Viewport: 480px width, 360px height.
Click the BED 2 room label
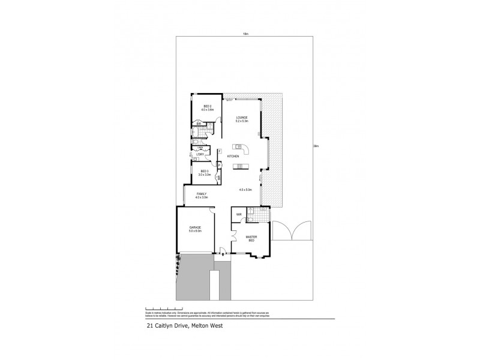coord(208,108)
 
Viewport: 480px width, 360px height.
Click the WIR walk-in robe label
coord(239,214)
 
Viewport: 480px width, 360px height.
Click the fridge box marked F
coord(220,150)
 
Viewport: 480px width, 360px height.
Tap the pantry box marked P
coord(220,165)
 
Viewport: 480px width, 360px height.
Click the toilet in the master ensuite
coord(254,211)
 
